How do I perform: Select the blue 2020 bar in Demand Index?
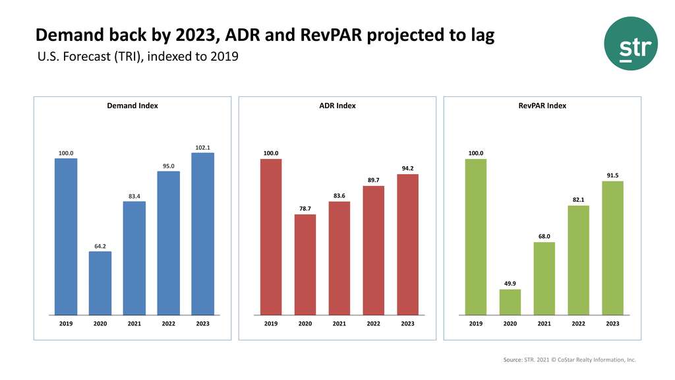[100, 283]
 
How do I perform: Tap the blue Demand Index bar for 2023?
[203, 234]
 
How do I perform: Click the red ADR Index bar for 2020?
[305, 265]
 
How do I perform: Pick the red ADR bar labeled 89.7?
[373, 250]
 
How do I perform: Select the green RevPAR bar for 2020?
[510, 302]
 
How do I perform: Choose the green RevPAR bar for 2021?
[544, 278]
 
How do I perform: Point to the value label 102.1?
[203, 147]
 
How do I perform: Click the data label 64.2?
[100, 246]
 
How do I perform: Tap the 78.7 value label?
[305, 208]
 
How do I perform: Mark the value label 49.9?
[510, 284]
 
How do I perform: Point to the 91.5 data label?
[613, 175]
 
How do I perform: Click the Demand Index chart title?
[132, 106]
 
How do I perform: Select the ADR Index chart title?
[337, 106]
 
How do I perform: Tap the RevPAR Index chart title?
[543, 106]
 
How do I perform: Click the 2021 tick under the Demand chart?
[134, 324]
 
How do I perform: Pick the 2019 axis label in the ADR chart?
[271, 324]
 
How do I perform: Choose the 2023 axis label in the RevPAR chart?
[613, 324]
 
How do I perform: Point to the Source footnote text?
[569, 360]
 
